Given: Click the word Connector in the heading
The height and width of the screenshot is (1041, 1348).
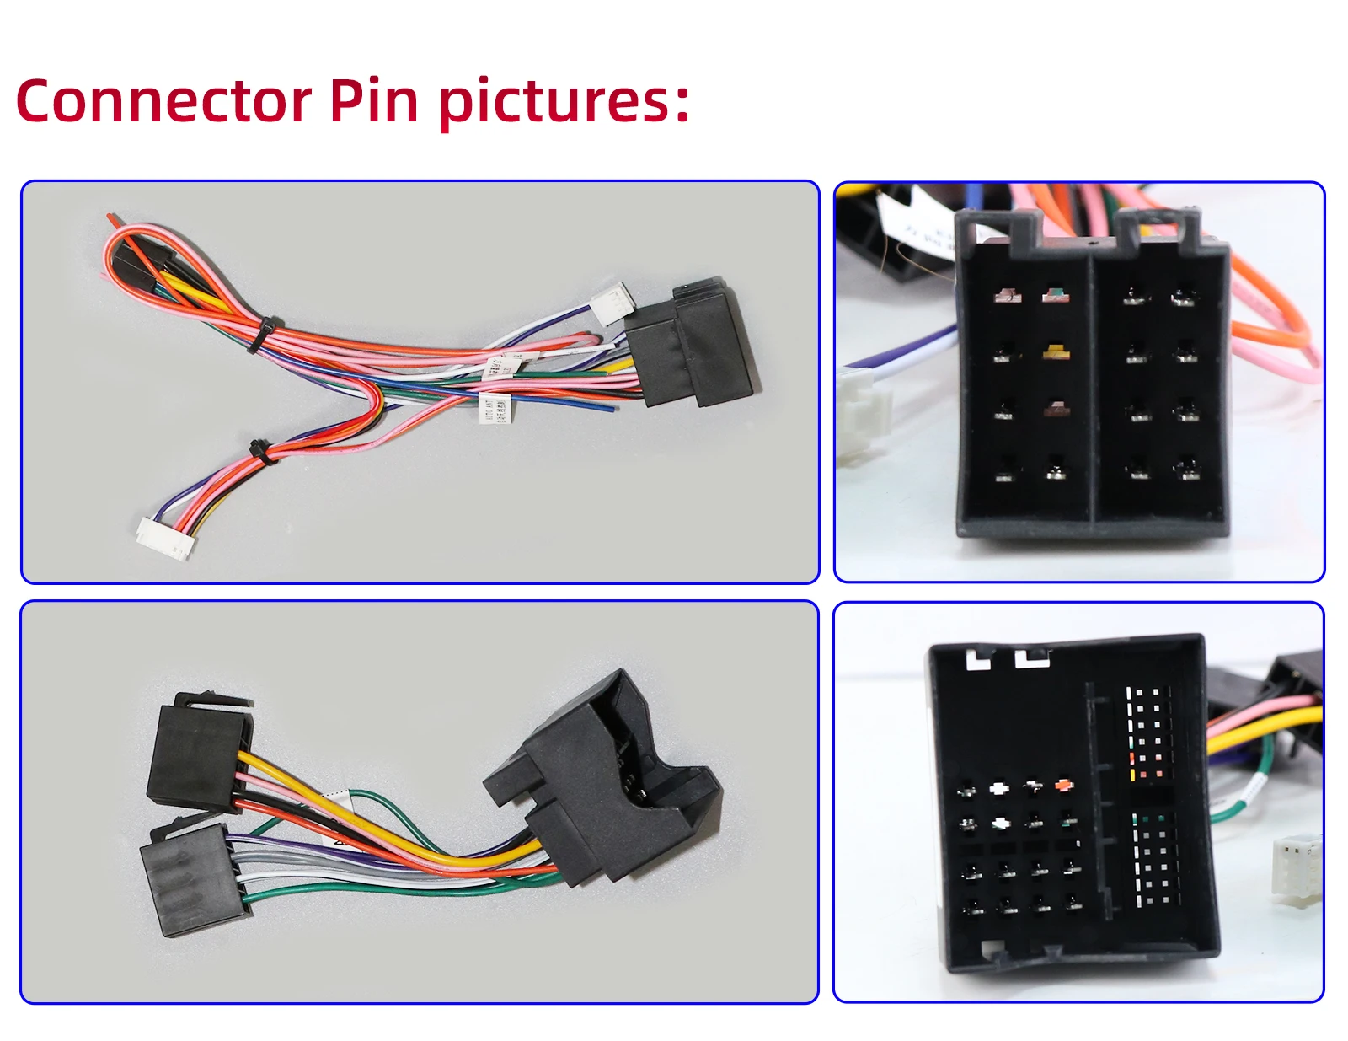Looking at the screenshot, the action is pos(164,101).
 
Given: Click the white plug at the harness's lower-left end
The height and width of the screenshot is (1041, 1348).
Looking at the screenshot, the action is pos(166,536).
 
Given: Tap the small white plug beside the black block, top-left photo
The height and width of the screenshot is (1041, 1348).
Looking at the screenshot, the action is pos(612,303).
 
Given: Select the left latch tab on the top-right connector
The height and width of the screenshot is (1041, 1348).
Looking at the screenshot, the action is pos(1000,225).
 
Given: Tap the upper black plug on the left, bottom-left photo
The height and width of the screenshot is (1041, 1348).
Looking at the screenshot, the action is pos(198,750).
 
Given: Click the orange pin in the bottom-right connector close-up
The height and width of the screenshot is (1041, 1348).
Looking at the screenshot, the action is pos(1064,786).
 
